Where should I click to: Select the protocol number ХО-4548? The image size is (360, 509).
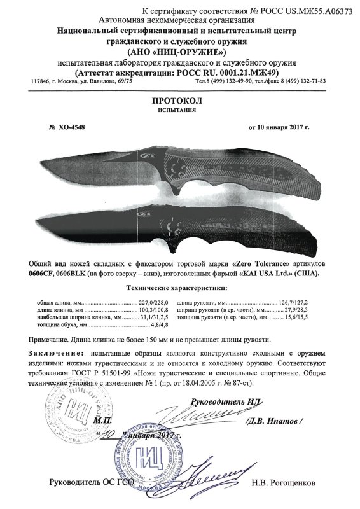tap(71, 127)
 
